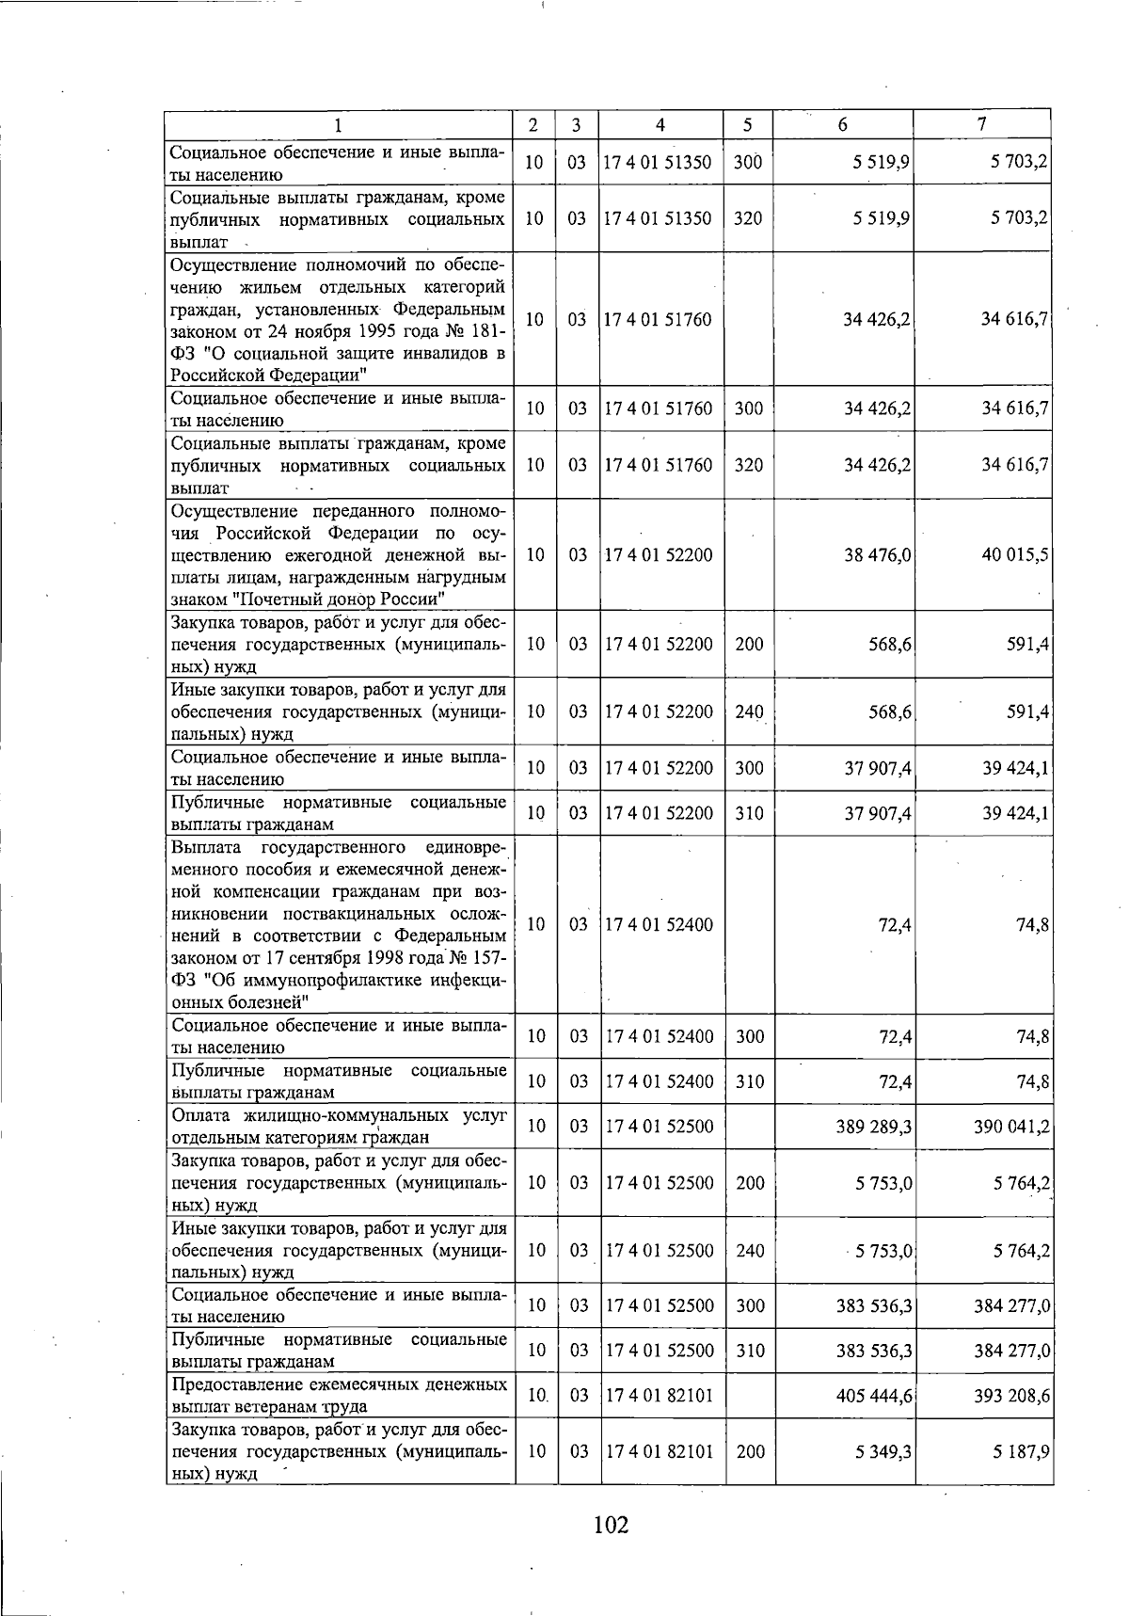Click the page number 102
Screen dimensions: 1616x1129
[x=611, y=1524]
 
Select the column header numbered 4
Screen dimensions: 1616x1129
[x=660, y=125]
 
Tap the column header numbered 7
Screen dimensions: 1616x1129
[x=981, y=125]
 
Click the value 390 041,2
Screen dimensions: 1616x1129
[x=1011, y=1127]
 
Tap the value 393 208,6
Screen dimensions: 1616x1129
[x=1011, y=1396]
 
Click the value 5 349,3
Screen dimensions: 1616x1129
[x=883, y=1452]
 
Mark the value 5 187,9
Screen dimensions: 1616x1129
[x=1020, y=1452]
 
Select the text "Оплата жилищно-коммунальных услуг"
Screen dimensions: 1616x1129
[x=339, y=1115]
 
